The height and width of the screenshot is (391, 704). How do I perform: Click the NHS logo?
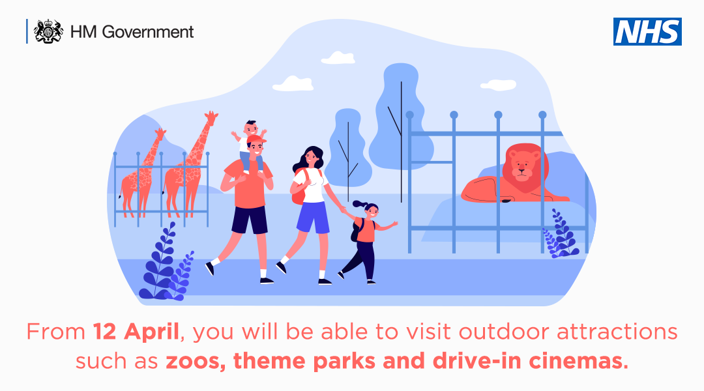[647, 31]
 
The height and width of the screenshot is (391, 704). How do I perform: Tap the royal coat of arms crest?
[48, 31]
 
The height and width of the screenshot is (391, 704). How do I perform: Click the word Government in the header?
[148, 32]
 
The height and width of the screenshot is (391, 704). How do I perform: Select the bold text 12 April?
[136, 332]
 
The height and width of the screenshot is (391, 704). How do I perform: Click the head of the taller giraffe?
[211, 118]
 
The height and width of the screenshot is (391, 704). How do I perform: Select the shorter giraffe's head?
[160, 134]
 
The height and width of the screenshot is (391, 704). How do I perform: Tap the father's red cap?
[256, 140]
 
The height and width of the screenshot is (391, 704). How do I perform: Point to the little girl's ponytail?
[360, 205]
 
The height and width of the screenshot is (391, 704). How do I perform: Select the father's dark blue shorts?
[250, 220]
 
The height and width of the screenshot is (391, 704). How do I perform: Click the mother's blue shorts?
[314, 218]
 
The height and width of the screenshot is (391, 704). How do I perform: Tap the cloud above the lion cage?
[499, 85]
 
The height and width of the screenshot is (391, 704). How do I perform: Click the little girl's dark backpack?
[356, 230]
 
